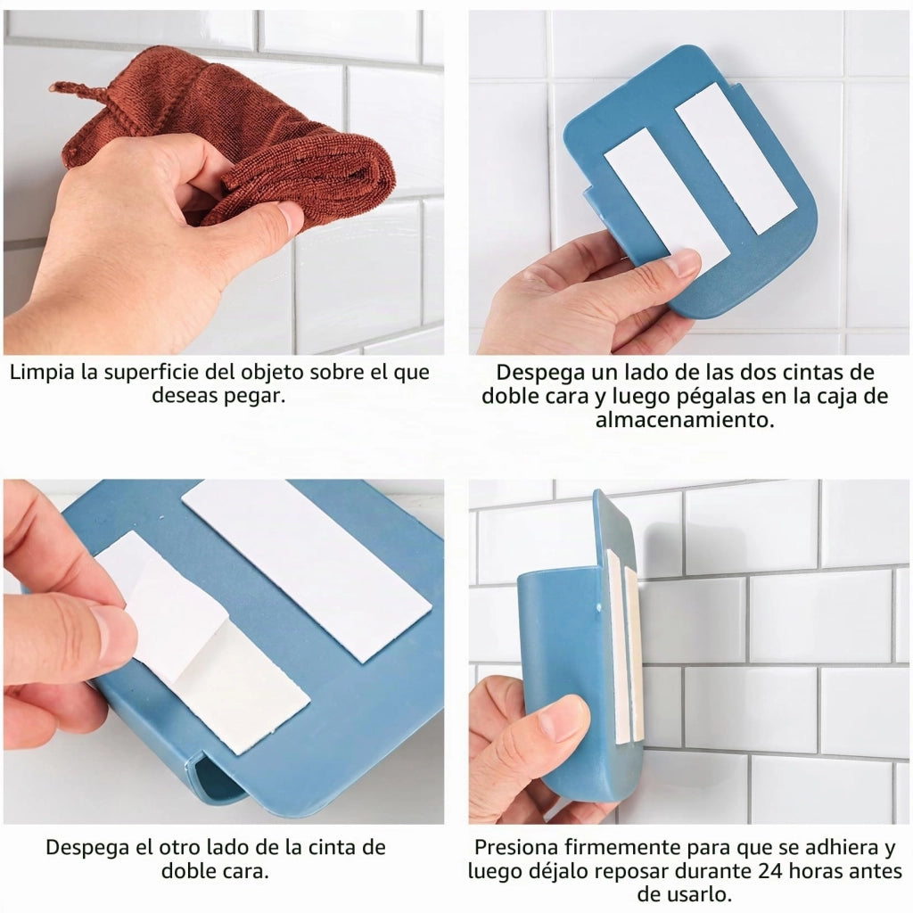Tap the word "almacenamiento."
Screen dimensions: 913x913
point(685,420)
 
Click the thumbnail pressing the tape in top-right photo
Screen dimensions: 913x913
point(683,264)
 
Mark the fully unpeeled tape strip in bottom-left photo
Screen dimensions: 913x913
point(307,570)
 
